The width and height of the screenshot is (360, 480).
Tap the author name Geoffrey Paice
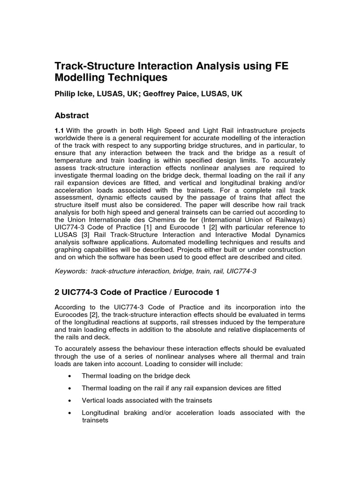click(x=175, y=94)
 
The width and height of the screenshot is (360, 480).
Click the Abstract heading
click(x=72, y=115)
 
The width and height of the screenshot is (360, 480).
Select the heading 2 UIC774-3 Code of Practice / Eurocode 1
click(x=137, y=292)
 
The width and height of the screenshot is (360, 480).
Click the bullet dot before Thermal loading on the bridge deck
click(x=69, y=376)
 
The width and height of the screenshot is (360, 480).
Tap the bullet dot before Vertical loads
click(x=69, y=400)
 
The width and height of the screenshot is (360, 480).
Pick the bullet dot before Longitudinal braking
click(x=69, y=412)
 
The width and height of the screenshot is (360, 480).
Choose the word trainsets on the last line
click(x=95, y=420)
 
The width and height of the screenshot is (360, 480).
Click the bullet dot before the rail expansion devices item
click(x=69, y=388)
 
